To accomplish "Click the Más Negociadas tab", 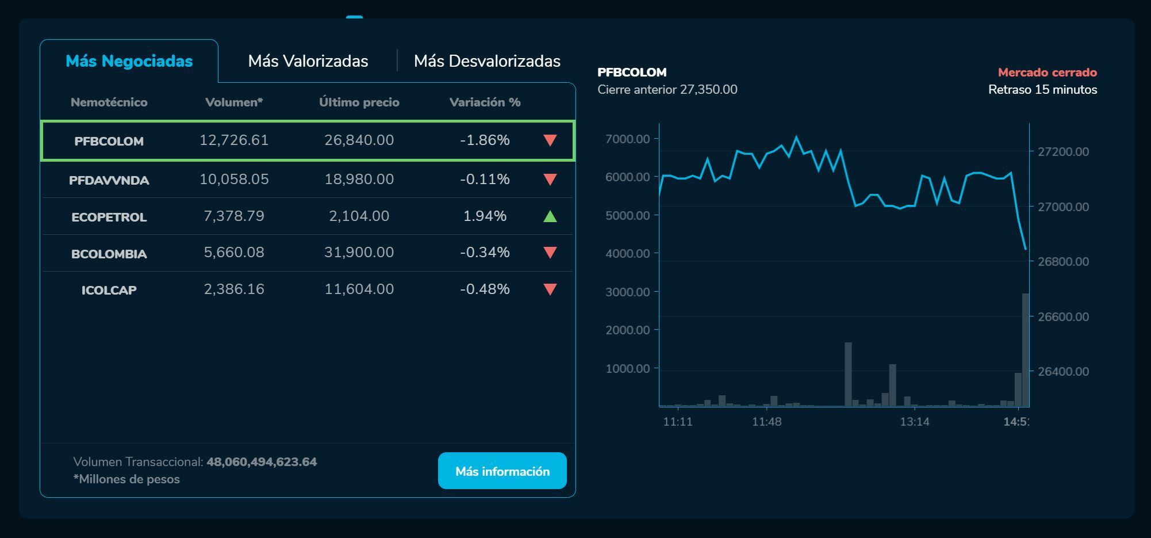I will [129, 61].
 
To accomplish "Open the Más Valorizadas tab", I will [308, 61].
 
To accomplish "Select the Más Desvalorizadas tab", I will [487, 61].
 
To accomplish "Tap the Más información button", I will [502, 471].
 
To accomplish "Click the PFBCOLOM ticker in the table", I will [109, 141].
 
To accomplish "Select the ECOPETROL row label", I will [109, 217].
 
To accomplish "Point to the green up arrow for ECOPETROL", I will [550, 216].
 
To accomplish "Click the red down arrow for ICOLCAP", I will [550, 289].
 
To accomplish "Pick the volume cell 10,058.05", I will [234, 180].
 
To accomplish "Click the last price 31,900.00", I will [359, 253].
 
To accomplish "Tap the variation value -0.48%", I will [485, 289].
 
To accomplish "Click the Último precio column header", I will [359, 102].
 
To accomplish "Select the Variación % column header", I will [485, 102].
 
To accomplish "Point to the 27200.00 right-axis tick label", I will [1062, 152].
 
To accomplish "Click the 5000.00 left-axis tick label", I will [627, 215].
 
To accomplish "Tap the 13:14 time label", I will [914, 422].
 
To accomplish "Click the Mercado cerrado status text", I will [1047, 73].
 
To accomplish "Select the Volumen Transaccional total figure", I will [262, 462].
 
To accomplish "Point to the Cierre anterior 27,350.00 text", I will [667, 90].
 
